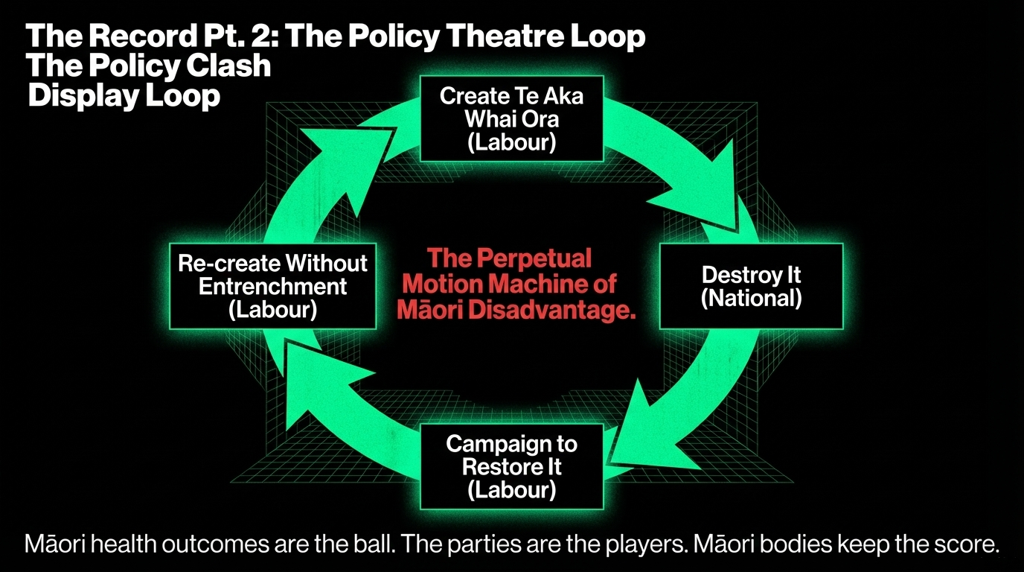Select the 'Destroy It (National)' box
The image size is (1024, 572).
(751, 286)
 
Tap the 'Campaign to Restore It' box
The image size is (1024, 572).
(511, 466)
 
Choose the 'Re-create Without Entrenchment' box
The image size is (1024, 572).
(272, 286)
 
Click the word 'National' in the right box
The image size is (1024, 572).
(751, 299)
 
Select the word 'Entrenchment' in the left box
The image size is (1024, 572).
(272, 286)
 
